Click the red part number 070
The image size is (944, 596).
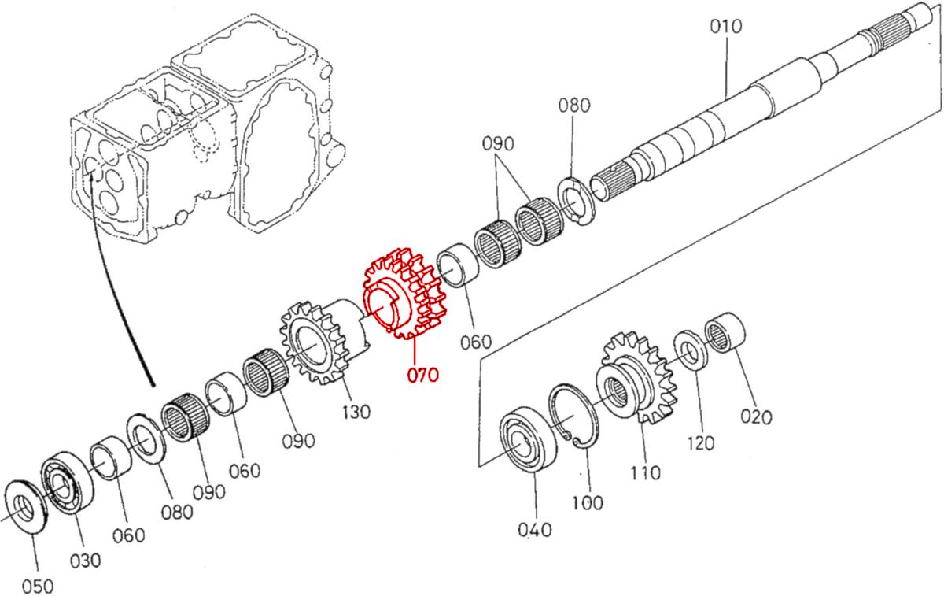pyautogui.click(x=422, y=376)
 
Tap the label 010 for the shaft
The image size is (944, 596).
pyautogui.click(x=725, y=27)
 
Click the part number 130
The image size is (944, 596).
pyautogui.click(x=356, y=412)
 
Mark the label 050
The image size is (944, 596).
pyautogui.click(x=38, y=586)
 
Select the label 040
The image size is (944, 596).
pyautogui.click(x=535, y=530)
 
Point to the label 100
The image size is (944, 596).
pyautogui.click(x=587, y=502)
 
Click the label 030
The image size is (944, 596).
pyautogui.click(x=85, y=560)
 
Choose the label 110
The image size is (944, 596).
pyautogui.click(x=644, y=473)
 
